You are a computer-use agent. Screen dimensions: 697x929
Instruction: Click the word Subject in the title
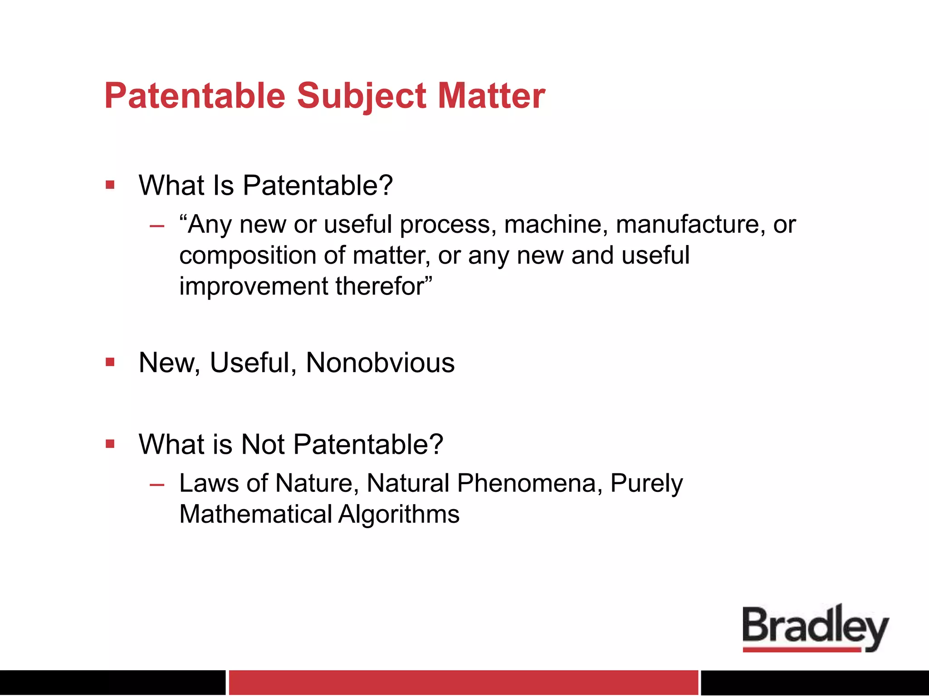(x=362, y=96)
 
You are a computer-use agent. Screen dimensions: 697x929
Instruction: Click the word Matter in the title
(x=491, y=96)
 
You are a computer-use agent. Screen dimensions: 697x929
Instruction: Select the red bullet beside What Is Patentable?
(x=110, y=185)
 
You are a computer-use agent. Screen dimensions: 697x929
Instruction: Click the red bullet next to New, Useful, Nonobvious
(x=110, y=362)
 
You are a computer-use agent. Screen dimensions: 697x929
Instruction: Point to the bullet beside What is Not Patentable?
(x=110, y=443)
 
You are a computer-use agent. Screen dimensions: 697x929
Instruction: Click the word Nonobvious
(x=380, y=363)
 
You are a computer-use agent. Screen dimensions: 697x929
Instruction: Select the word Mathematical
(x=256, y=515)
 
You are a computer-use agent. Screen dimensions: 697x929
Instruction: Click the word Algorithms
(x=399, y=515)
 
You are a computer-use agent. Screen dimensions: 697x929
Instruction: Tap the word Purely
(x=646, y=483)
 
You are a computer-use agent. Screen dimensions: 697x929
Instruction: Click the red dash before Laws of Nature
(x=157, y=485)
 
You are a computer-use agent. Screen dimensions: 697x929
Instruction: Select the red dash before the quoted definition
(x=157, y=226)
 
